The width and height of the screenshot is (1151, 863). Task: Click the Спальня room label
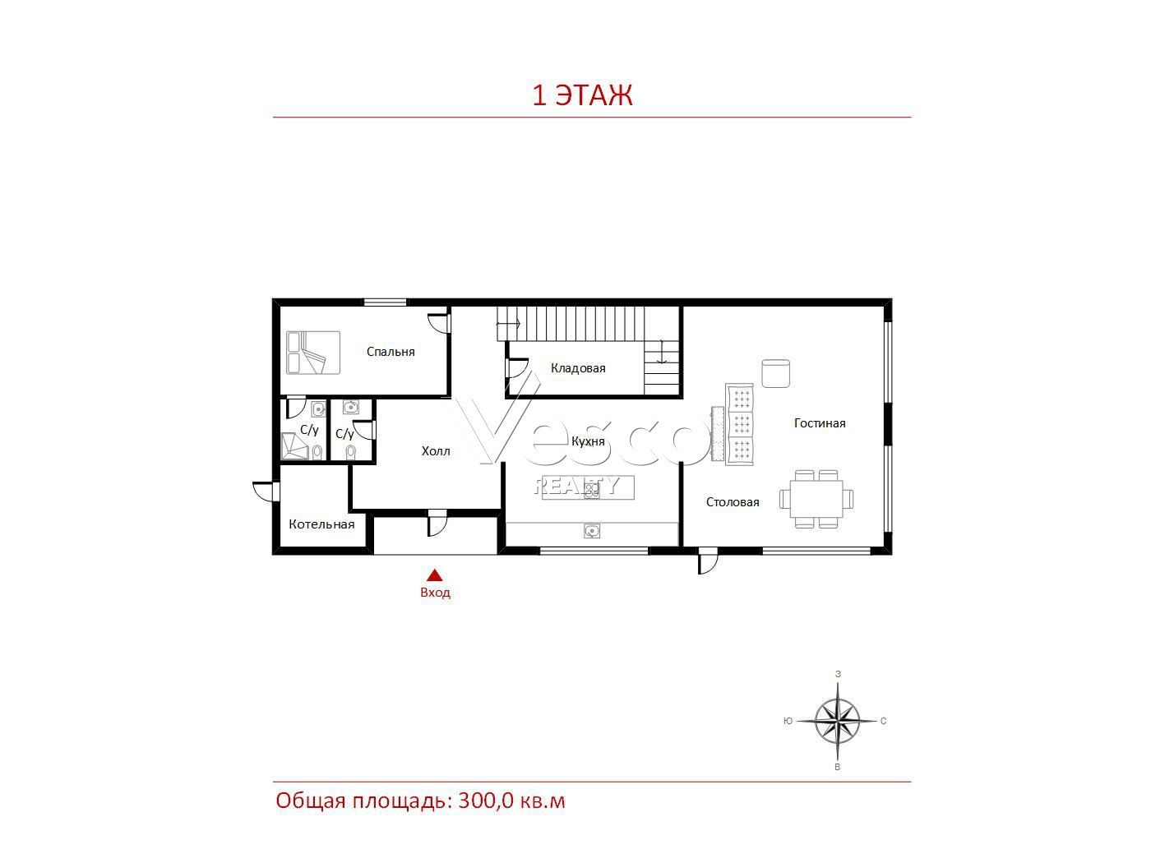click(x=391, y=352)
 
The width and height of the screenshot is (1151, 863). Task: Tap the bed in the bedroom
click(x=313, y=353)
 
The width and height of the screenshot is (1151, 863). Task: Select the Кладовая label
click(x=578, y=368)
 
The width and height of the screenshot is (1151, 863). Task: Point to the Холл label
click(x=436, y=451)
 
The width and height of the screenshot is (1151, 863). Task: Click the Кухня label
click(x=588, y=441)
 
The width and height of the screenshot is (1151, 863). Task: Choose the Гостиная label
click(x=820, y=423)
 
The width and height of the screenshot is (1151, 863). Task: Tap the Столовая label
click(x=733, y=502)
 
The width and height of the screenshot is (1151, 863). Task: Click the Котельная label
click(x=321, y=524)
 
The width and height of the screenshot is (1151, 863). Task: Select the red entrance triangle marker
click(x=434, y=575)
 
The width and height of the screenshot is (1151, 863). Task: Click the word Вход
click(x=435, y=593)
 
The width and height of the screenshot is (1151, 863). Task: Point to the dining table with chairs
click(x=816, y=499)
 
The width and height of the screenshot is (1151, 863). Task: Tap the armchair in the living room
click(x=775, y=374)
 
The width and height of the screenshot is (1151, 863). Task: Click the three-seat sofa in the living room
click(x=739, y=424)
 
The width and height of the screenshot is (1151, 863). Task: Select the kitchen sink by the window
click(x=591, y=531)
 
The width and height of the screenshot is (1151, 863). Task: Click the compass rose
click(x=837, y=722)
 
